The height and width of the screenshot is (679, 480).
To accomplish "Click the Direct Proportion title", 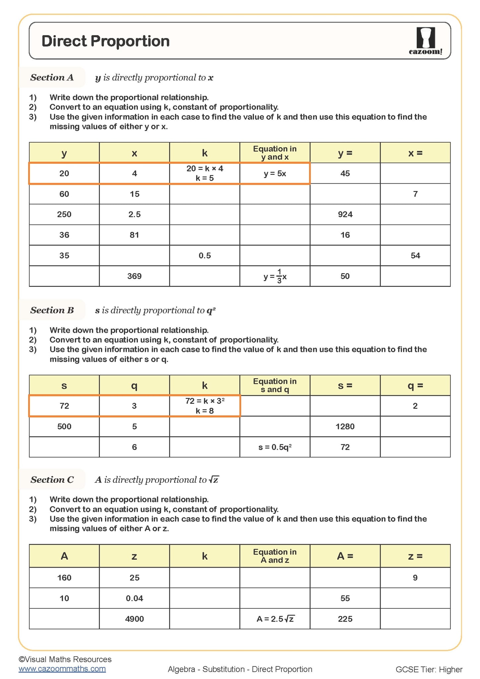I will click(105, 41).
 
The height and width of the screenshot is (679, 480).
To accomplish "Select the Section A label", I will click(52, 78).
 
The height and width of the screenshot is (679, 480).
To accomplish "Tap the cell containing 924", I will click(345, 215).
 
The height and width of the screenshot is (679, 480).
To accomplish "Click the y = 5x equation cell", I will click(275, 173).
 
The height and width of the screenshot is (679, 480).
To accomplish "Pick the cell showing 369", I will click(134, 276).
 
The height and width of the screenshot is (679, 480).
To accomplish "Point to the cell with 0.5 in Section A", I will click(205, 256).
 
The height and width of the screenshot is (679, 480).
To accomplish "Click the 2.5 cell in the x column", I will click(134, 215).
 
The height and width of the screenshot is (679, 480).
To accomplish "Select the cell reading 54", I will click(415, 256).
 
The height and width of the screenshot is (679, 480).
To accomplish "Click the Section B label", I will click(52, 310).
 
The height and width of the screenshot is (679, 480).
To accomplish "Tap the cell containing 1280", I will click(345, 427).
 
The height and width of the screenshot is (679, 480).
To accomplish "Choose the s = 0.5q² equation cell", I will click(275, 447).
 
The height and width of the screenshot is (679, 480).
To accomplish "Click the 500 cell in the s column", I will click(64, 427).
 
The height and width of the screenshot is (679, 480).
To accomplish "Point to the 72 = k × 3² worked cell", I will click(205, 406).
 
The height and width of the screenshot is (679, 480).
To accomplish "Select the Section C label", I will click(52, 480).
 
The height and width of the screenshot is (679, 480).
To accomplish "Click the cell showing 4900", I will click(134, 619).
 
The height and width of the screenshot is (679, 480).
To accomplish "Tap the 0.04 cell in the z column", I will click(134, 598).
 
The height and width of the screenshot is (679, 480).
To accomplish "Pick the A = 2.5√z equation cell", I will click(275, 619).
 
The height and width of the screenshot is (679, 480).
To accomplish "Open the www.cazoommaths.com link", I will click(62, 669).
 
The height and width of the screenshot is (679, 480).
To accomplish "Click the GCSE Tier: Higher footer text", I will click(429, 669).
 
